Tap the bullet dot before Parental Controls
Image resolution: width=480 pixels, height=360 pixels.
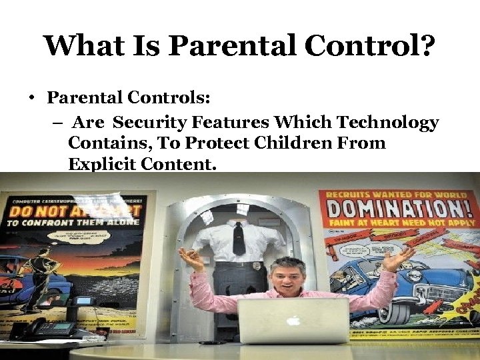point(31,99)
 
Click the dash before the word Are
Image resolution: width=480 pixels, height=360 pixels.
point(56,123)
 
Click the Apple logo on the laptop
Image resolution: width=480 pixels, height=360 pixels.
point(294,320)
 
